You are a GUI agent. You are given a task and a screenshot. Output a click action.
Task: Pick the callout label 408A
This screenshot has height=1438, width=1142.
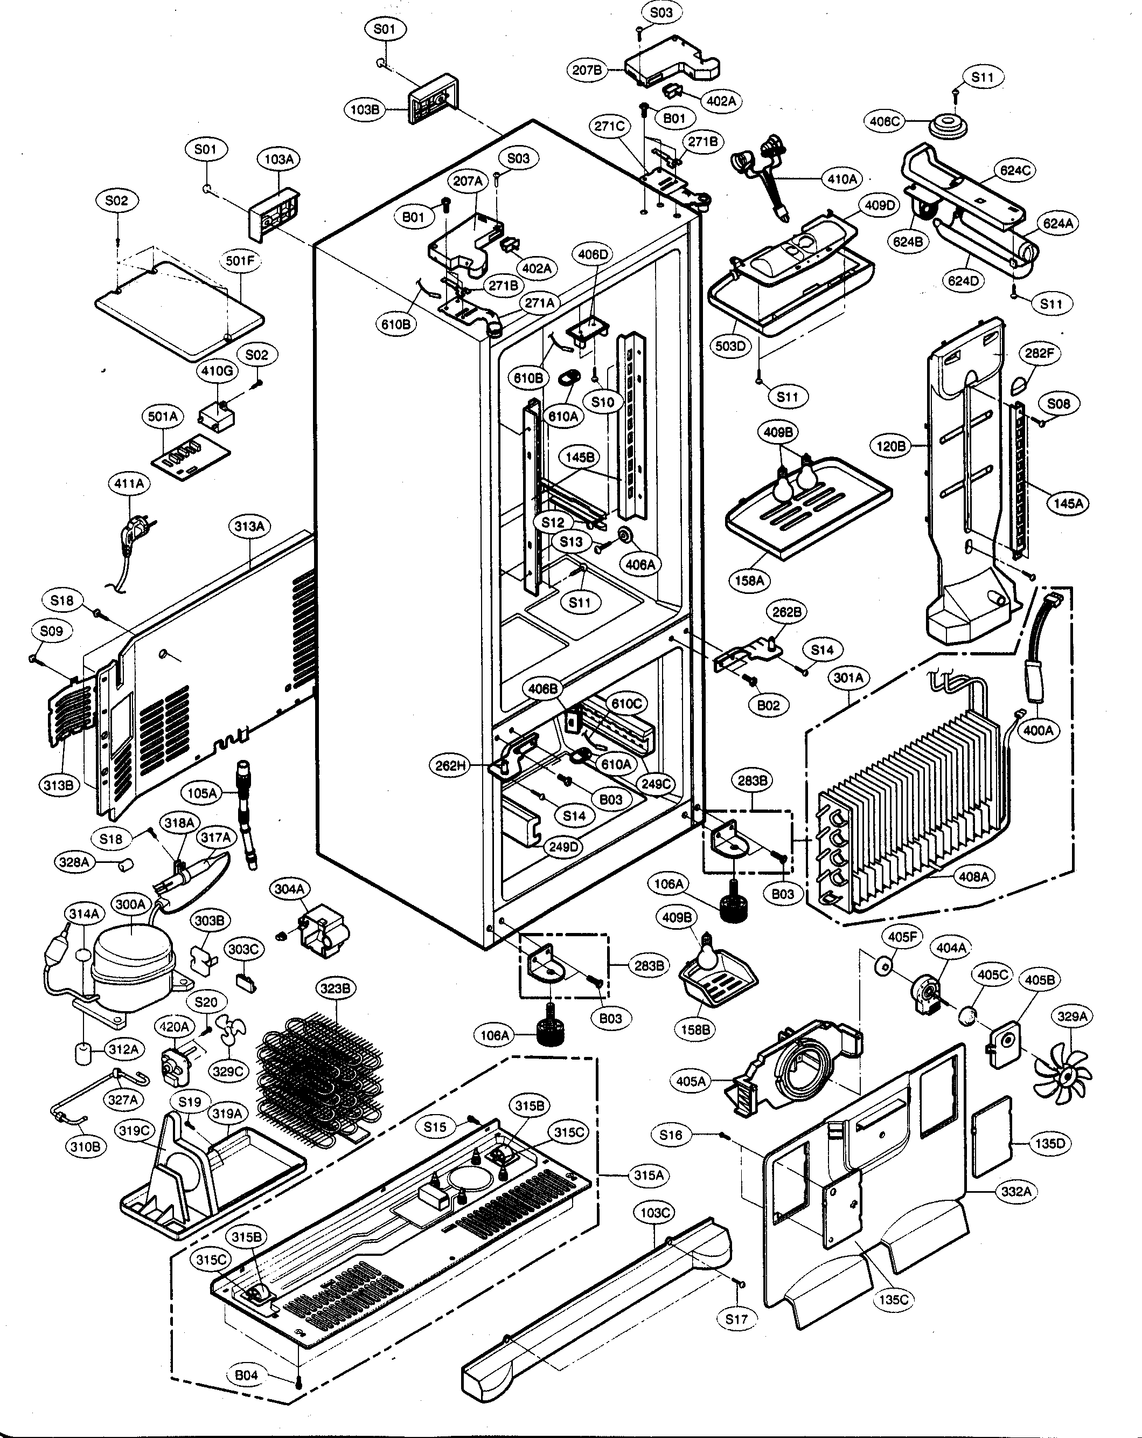973,876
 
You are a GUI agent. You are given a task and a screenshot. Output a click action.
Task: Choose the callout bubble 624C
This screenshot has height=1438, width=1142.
1015,171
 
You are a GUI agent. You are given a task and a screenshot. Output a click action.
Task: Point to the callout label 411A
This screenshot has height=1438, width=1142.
129,483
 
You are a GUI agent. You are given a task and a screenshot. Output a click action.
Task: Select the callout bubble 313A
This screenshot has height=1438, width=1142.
249,526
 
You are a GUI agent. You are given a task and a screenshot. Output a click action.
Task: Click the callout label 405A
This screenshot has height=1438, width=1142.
690,1081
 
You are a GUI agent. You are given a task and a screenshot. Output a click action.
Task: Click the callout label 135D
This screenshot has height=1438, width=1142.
1050,1144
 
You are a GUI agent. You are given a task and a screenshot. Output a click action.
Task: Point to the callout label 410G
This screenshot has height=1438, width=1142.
217,371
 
